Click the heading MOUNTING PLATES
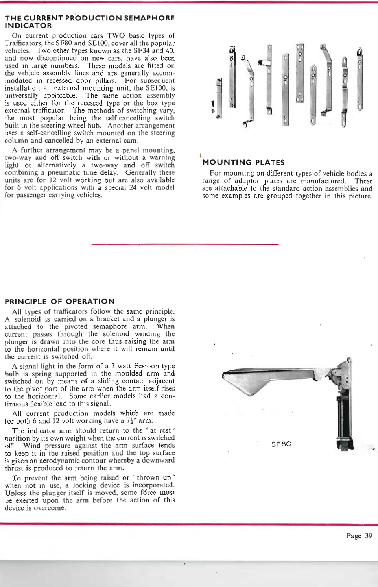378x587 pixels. click(x=243, y=163)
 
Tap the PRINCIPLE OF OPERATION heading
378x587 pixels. click(x=59, y=302)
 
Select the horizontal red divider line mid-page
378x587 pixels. click(x=185, y=244)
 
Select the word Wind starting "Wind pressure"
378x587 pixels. click(x=31, y=446)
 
